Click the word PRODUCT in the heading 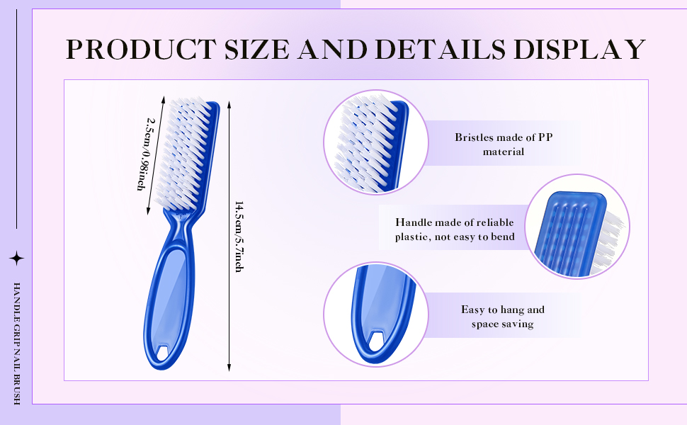[x=141, y=49]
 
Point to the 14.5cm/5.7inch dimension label [x=239, y=237]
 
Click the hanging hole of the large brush [x=164, y=353]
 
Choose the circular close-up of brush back [x=577, y=226]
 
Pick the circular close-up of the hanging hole [x=376, y=314]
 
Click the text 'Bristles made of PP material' [x=504, y=144]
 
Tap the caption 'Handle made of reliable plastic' [x=455, y=229]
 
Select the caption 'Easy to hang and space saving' [x=503, y=317]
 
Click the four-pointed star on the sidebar [x=17, y=258]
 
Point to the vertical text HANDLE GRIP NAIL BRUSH [x=17, y=344]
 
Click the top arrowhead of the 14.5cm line [x=229, y=105]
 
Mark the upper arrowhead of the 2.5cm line [x=163, y=99]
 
